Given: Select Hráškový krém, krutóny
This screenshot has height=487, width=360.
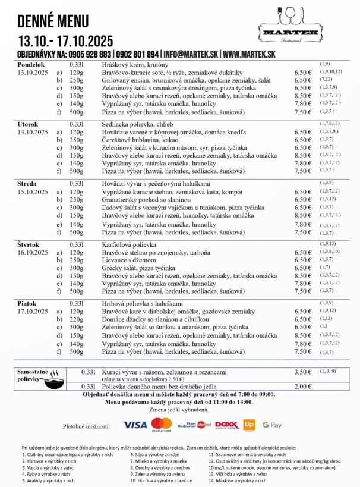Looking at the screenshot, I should click(x=135, y=64).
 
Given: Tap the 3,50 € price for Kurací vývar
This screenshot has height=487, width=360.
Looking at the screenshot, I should click(x=303, y=372).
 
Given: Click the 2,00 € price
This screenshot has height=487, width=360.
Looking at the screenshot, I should click(x=303, y=387).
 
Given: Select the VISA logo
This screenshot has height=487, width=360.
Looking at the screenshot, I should click(x=135, y=425).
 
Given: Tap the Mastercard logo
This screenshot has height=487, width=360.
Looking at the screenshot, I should click(x=161, y=425).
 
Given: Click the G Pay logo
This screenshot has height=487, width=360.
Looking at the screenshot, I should click(x=272, y=425).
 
